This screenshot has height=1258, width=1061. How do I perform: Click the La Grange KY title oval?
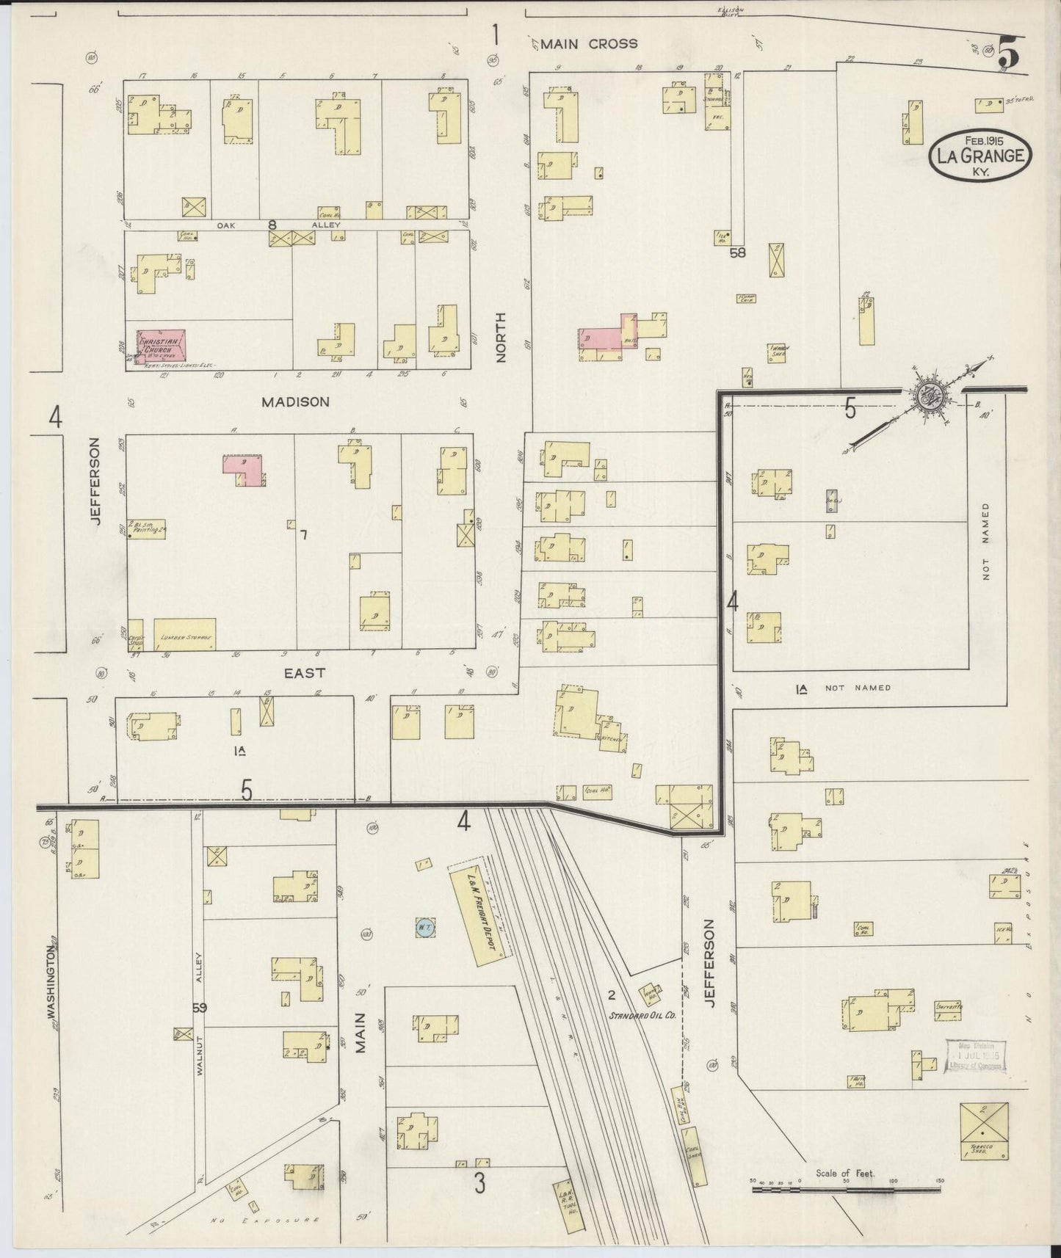[979, 155]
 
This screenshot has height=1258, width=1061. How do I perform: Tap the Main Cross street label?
[589, 44]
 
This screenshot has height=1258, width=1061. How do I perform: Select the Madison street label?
[295, 402]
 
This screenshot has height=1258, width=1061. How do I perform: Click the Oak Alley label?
[272, 225]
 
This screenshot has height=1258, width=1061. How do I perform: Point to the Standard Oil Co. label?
[636, 1016]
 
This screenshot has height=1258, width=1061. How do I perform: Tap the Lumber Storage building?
[184, 635]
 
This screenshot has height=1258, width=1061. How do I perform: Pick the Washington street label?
[51, 981]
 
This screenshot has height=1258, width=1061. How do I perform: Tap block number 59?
[199, 1008]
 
